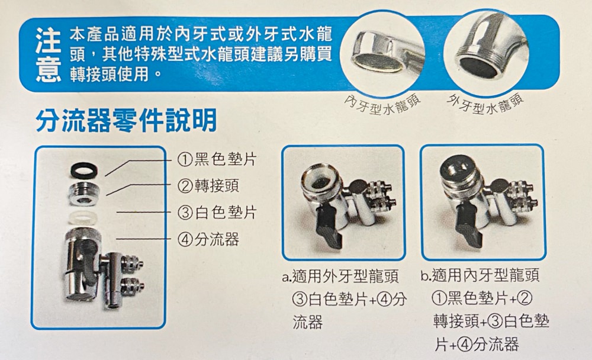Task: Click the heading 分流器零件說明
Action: click(126, 121)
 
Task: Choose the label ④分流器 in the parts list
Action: click(207, 239)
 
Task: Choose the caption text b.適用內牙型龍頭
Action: click(480, 277)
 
